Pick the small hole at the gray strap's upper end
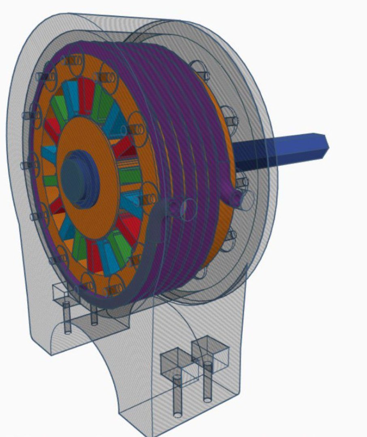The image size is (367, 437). pos(174,208)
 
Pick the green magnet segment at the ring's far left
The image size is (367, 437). pos(50,180)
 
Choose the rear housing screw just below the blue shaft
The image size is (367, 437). pos(243,182)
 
